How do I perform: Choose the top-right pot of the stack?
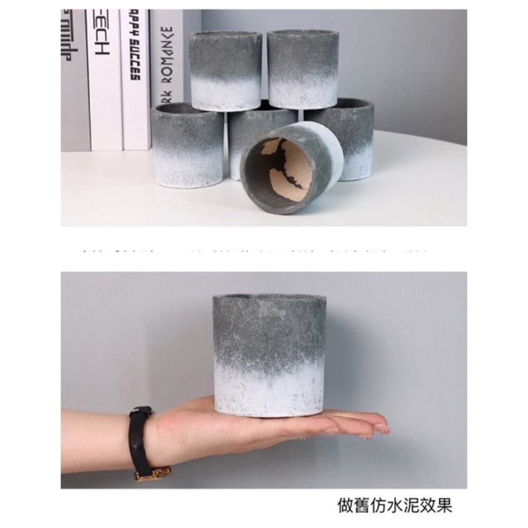click(303, 69)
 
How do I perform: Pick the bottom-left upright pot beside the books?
click(187, 145)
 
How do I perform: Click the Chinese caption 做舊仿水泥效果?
click(394, 505)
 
